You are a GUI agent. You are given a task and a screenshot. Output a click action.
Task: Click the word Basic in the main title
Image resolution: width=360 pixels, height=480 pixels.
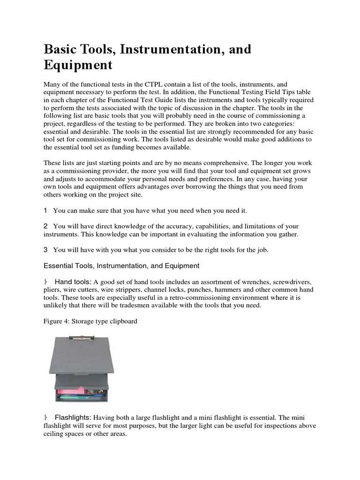61,49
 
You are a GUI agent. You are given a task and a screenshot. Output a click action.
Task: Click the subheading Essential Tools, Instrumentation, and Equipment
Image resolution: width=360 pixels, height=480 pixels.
121,266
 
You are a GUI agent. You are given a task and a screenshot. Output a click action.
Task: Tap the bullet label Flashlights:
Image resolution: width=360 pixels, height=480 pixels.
74,417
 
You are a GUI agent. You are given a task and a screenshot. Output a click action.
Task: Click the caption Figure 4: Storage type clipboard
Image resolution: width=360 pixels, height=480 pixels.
90,322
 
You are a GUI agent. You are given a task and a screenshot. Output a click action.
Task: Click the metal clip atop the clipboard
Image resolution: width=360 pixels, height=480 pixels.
84,337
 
